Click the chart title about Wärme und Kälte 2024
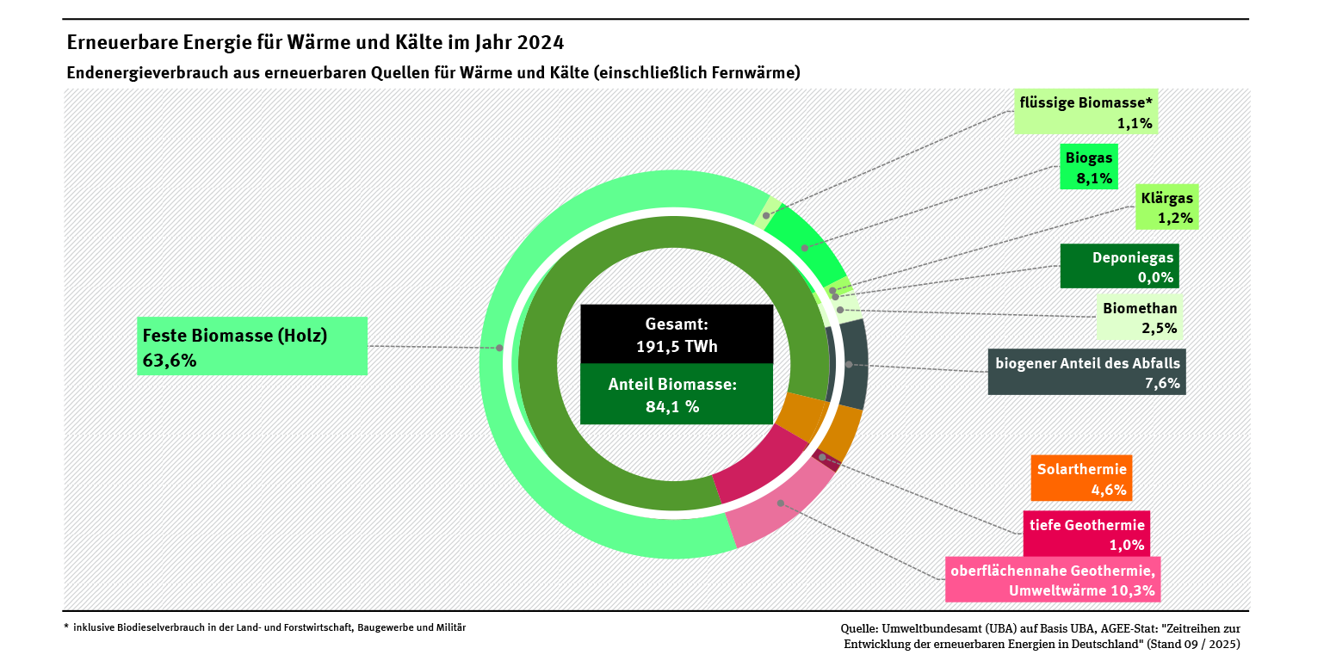click(x=315, y=42)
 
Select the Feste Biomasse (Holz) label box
click(x=252, y=346)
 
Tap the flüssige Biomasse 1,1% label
click(x=1085, y=112)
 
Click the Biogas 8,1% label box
click(x=1088, y=167)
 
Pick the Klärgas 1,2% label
click(x=1166, y=207)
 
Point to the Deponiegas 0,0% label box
click(x=1119, y=266)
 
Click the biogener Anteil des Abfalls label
click(x=1086, y=372)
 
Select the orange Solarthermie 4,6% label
click(x=1081, y=479)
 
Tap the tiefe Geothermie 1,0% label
click(x=1086, y=534)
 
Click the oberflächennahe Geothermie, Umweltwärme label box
click(x=1052, y=580)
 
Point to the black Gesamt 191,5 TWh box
click(x=677, y=334)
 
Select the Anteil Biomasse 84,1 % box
click(x=677, y=394)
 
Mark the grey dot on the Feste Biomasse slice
click(x=499, y=348)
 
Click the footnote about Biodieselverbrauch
click(x=267, y=627)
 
